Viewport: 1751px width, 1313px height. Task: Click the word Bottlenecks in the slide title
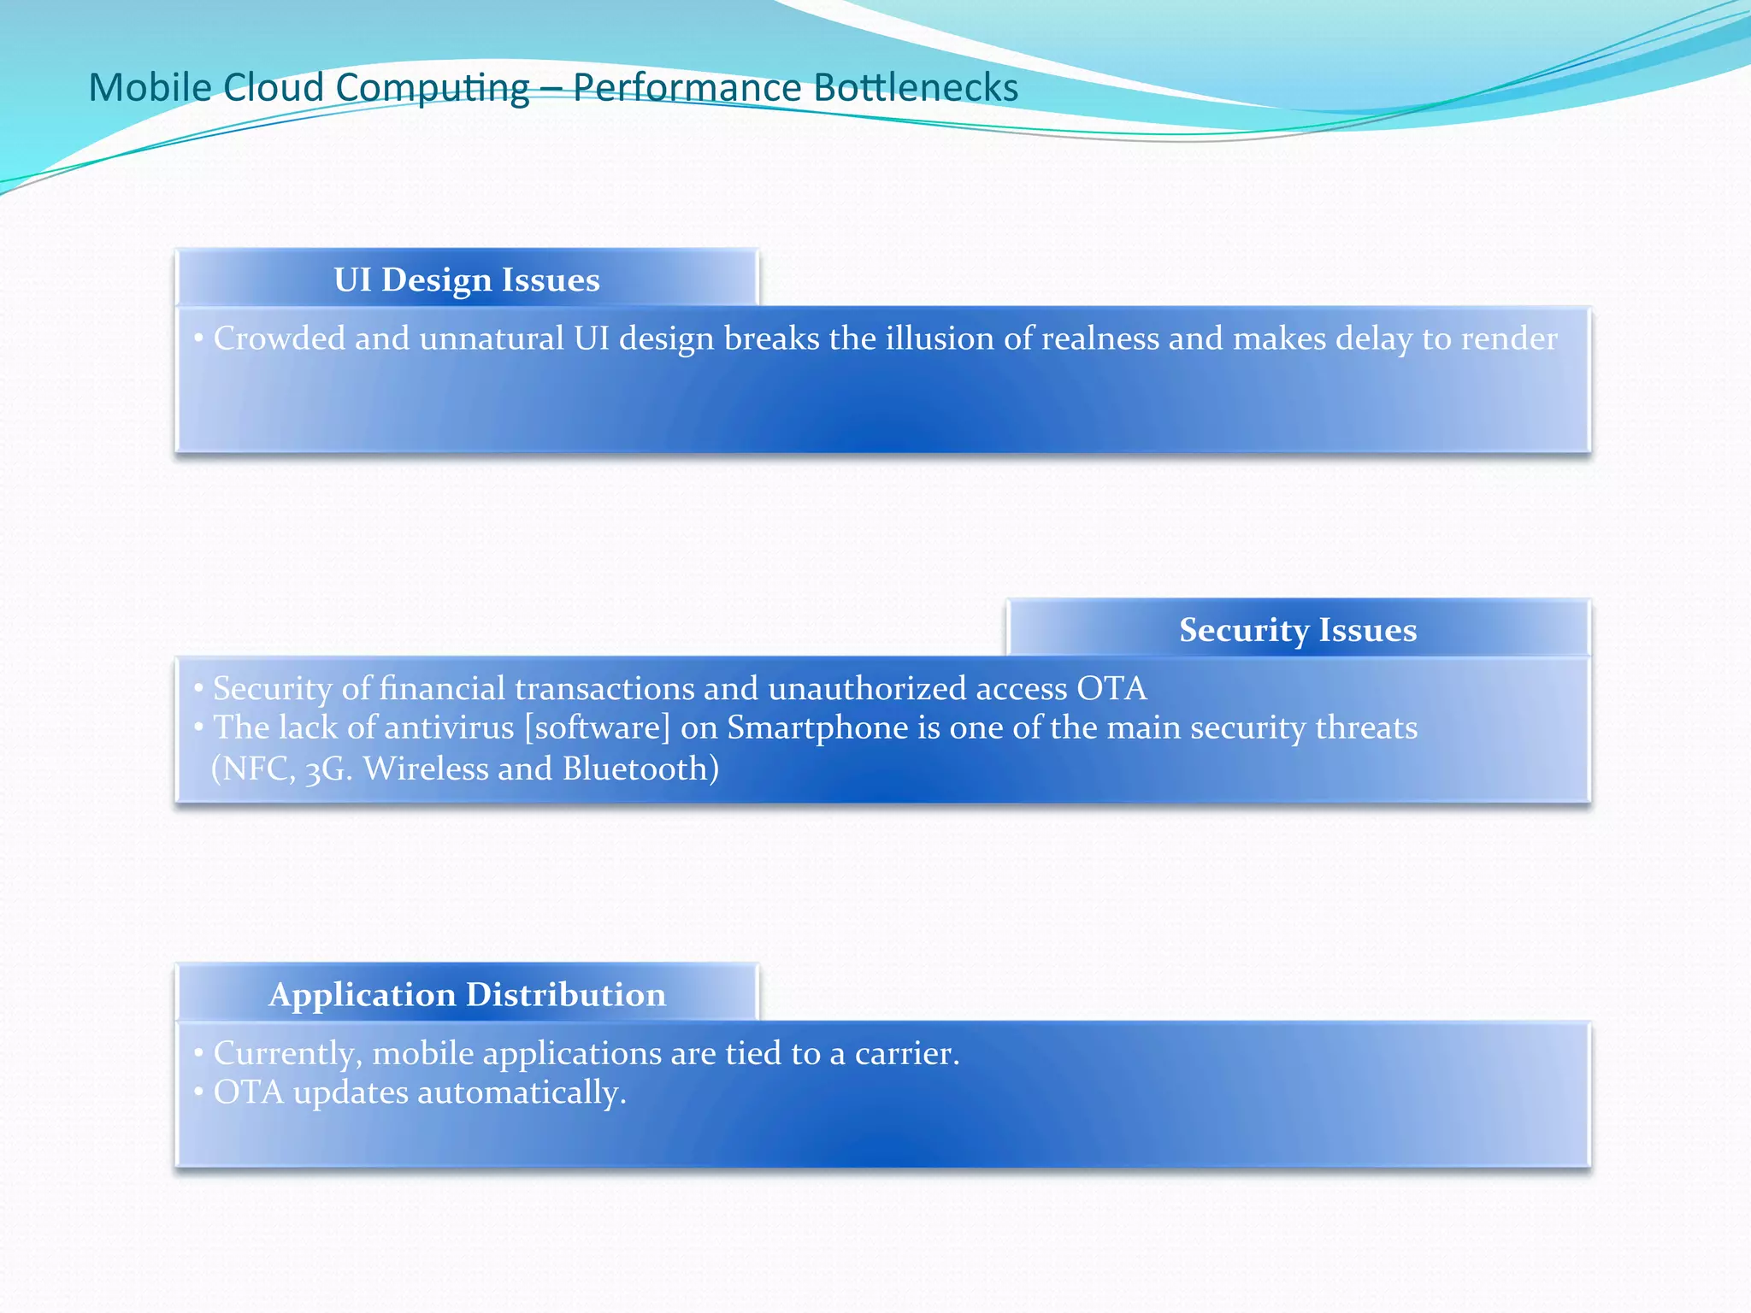[x=916, y=88]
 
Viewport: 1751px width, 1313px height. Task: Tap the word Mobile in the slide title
[x=149, y=88]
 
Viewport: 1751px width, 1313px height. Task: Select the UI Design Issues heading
[x=467, y=280]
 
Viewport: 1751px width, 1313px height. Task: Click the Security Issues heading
[x=1297, y=630]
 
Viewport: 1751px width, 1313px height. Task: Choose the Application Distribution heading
[x=467, y=995]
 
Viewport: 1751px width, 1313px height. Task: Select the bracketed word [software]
[x=597, y=727]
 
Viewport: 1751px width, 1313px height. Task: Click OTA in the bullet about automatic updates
[x=248, y=1092]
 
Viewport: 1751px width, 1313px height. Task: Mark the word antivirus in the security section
[x=450, y=727]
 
